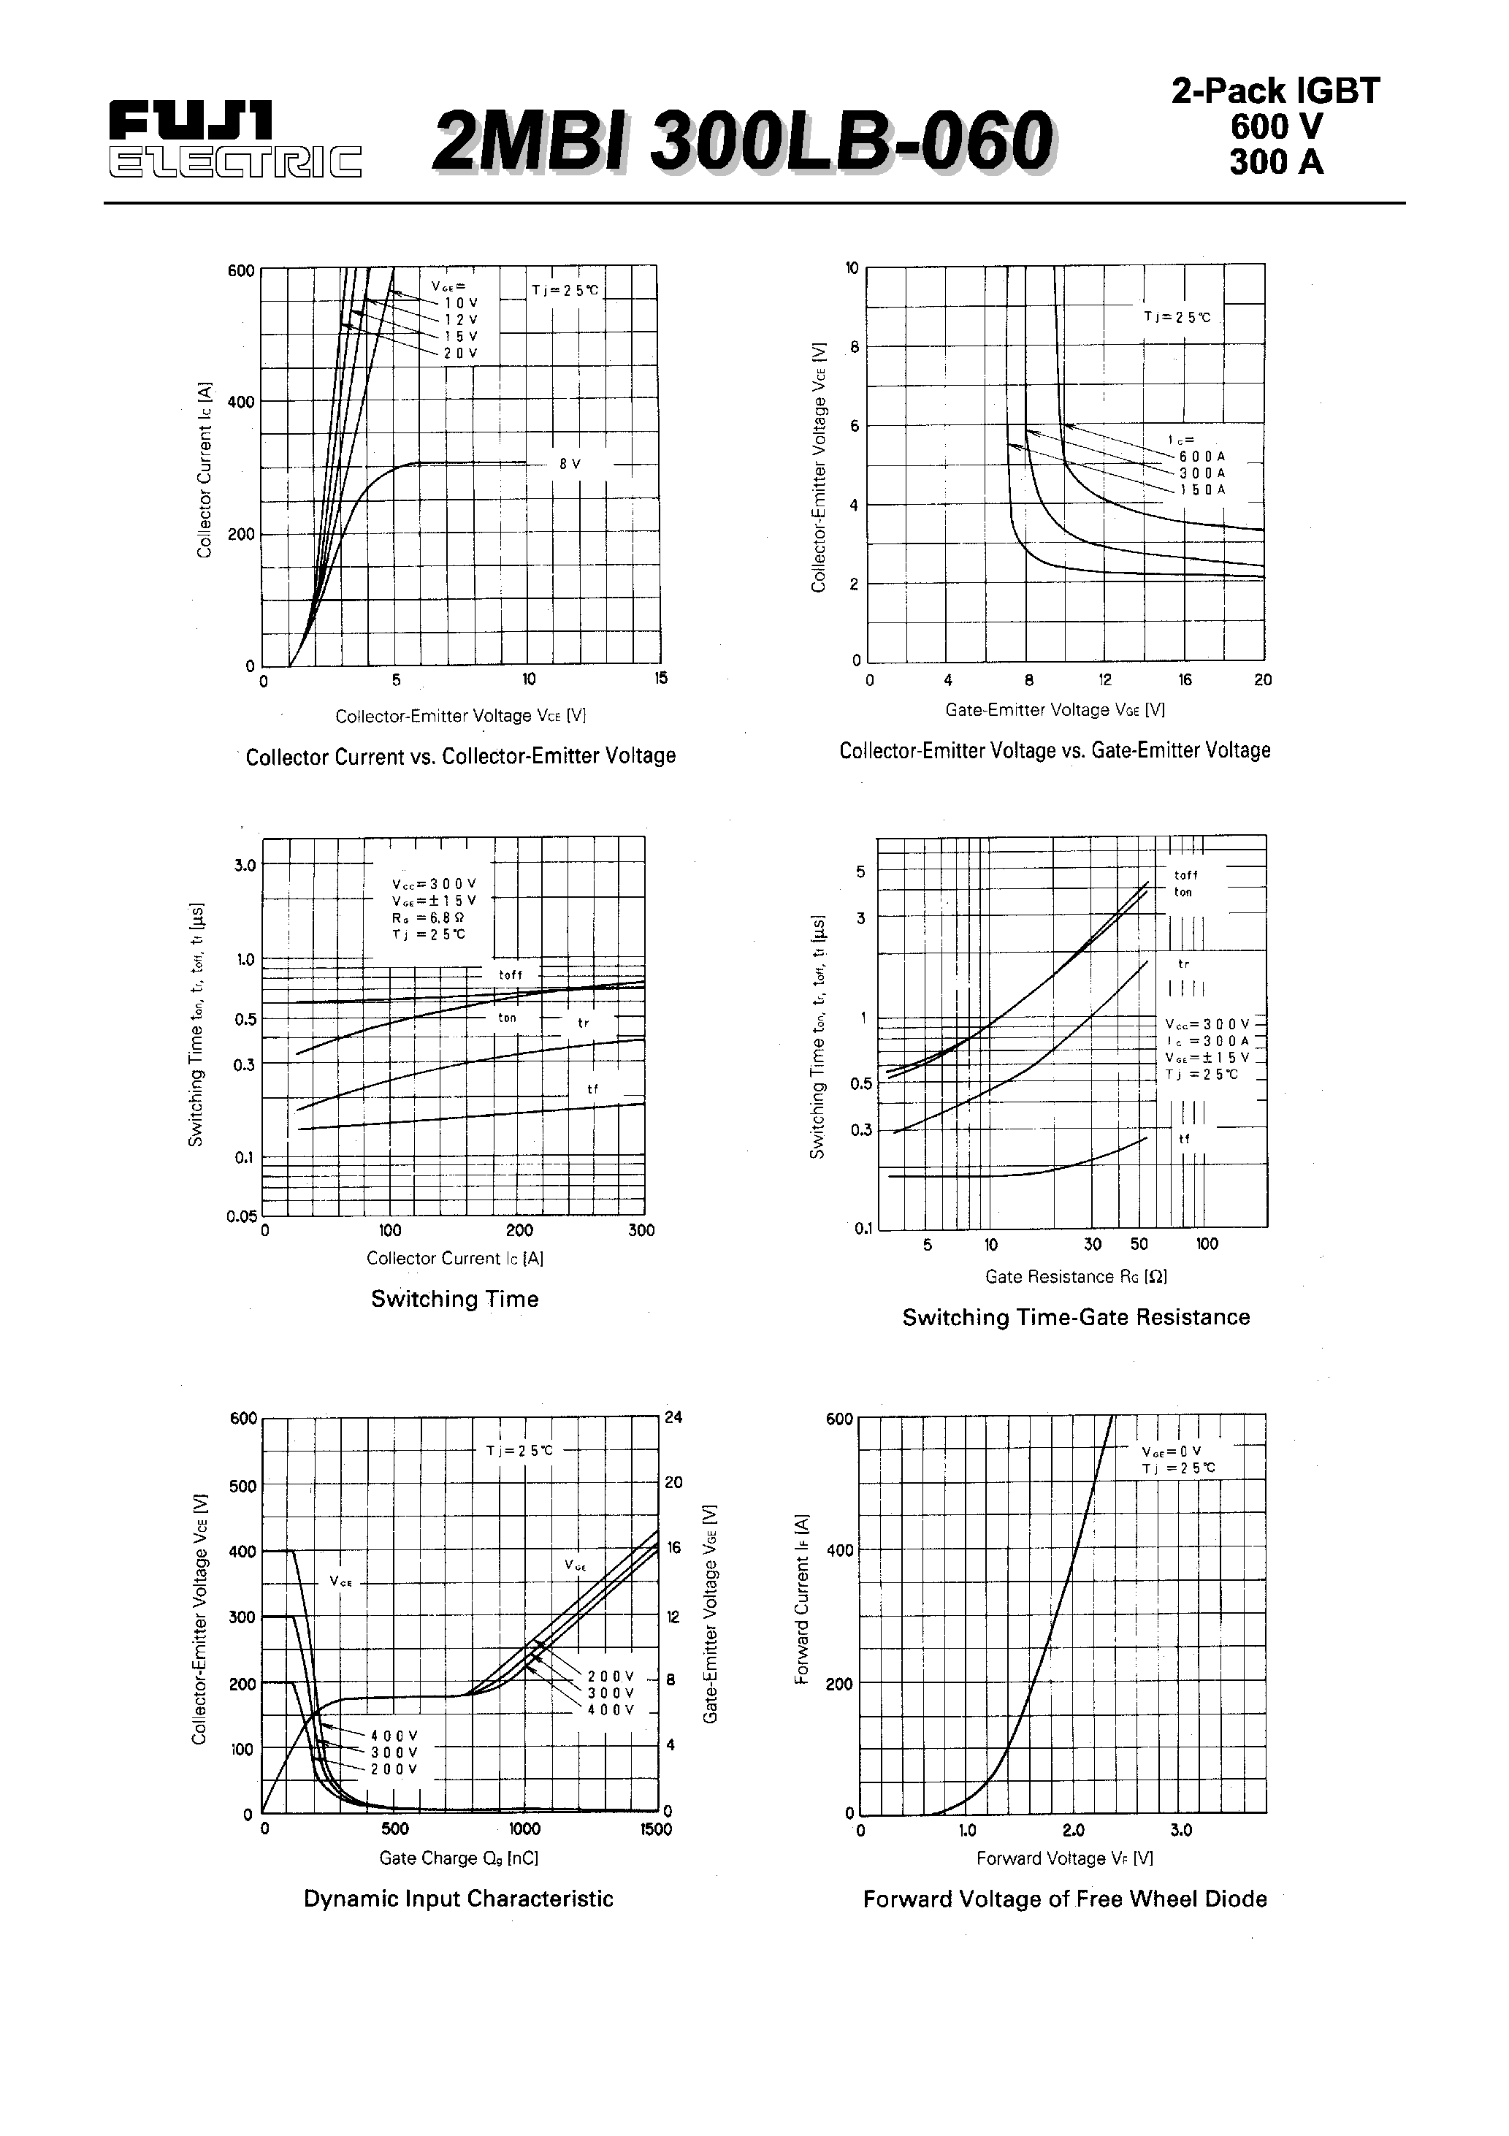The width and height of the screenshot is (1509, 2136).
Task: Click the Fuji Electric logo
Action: [235, 140]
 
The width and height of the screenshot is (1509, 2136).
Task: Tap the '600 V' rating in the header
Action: [1275, 126]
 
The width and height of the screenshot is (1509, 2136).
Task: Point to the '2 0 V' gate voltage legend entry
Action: [459, 354]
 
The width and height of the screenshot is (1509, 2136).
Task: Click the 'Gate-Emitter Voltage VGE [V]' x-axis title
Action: [1055, 710]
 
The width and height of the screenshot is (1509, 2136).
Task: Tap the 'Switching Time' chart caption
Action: [454, 1299]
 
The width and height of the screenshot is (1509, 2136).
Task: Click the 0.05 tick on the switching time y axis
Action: [242, 1216]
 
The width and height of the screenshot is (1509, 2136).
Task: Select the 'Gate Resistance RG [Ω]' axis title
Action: [1075, 1276]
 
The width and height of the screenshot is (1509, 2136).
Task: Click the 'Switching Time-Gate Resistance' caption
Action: [1075, 1317]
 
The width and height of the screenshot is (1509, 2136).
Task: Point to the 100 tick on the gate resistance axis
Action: [1207, 1245]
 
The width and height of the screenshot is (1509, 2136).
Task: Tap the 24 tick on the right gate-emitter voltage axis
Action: [673, 1418]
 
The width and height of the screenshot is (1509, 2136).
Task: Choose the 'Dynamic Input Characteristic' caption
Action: [459, 1899]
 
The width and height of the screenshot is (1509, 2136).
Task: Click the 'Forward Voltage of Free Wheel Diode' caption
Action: [1064, 1899]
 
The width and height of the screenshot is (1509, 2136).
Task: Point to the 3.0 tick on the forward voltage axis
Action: [1180, 1830]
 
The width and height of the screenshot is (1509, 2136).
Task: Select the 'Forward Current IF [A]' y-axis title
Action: [801, 1600]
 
